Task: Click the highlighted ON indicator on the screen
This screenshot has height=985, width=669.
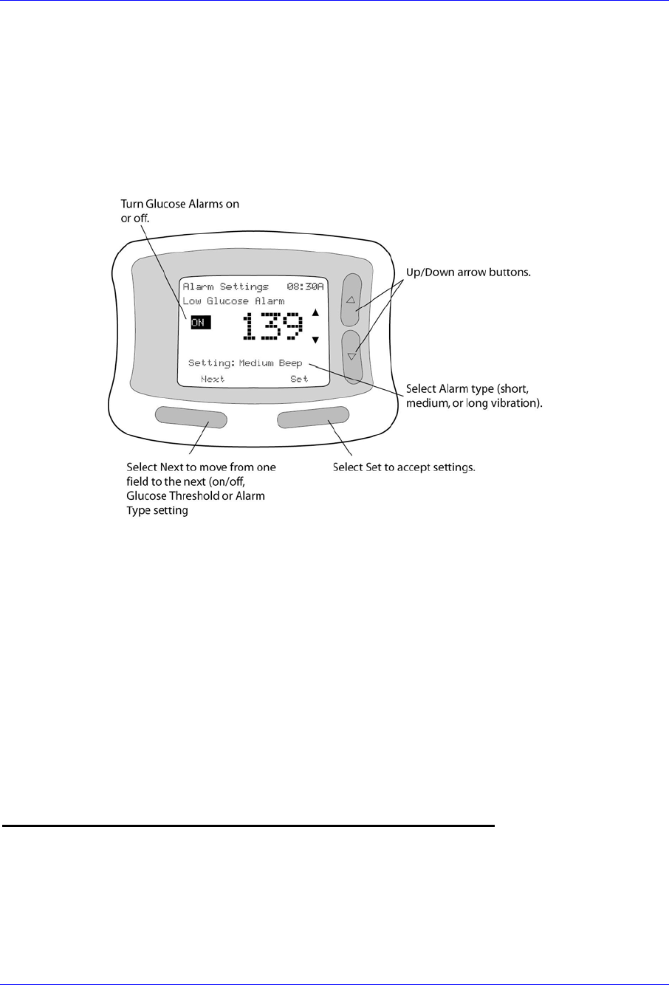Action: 201,322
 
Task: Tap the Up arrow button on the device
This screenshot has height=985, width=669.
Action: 351,301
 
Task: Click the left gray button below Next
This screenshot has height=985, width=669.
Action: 191,416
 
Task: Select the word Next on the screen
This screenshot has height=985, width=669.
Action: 213,379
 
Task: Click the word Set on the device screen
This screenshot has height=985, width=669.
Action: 299,379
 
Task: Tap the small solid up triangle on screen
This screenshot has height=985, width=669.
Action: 315,312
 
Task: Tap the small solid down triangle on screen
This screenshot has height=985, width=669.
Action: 315,340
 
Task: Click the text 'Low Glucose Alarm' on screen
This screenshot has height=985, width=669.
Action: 233,301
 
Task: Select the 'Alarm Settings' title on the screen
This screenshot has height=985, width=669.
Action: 225,286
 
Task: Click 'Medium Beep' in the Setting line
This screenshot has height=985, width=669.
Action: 270,363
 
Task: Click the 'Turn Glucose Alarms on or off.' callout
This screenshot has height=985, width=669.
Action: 179,210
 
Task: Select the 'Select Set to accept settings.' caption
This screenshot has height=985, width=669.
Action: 403,467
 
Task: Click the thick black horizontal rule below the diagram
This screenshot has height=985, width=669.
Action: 247,826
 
